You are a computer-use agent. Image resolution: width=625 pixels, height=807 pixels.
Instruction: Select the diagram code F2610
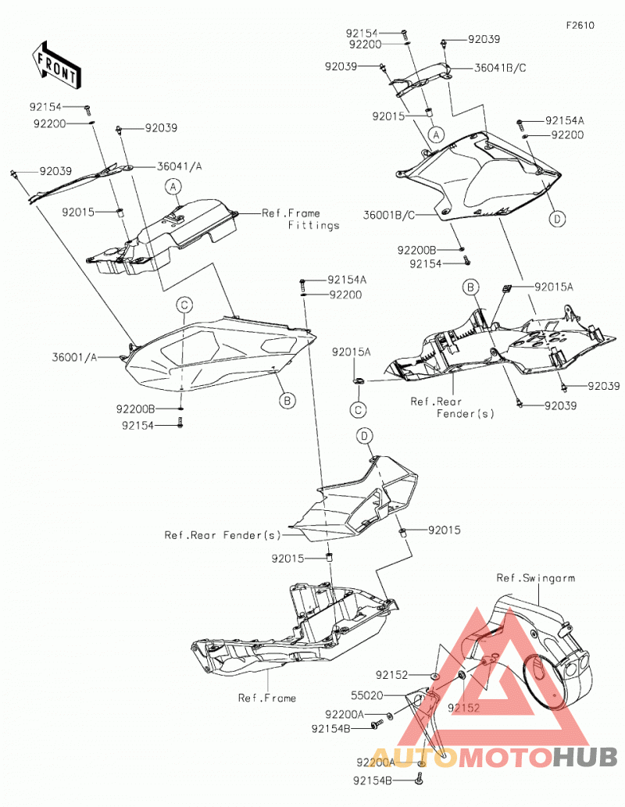[580, 25]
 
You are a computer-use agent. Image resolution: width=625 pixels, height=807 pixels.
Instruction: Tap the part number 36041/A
[179, 166]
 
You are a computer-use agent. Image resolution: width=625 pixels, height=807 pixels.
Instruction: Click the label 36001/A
[74, 357]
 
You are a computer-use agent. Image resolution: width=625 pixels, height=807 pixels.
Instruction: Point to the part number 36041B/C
[500, 68]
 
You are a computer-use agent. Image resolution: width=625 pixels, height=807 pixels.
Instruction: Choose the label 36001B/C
[389, 215]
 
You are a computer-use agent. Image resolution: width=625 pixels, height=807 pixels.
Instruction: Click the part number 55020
[366, 695]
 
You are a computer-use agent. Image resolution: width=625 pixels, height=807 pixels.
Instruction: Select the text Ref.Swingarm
[535, 578]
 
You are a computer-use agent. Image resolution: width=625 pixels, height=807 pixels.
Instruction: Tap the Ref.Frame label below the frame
[266, 698]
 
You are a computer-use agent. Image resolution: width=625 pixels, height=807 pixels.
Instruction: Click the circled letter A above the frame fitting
[173, 186]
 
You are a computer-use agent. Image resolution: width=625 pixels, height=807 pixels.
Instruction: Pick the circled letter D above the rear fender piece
[365, 436]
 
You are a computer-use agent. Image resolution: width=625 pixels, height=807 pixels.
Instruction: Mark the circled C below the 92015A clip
[358, 409]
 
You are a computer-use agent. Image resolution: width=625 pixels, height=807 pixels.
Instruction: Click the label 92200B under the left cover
[135, 409]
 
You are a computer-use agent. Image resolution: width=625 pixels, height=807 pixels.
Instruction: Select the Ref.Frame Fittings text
[301, 219]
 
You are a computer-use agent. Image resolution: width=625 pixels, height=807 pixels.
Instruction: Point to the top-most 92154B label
[331, 729]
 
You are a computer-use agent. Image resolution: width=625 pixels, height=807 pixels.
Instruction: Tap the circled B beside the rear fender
[470, 287]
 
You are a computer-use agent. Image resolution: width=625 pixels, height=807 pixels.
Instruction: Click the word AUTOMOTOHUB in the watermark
[495, 757]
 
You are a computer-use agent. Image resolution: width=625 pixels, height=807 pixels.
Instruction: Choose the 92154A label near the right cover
[565, 121]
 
